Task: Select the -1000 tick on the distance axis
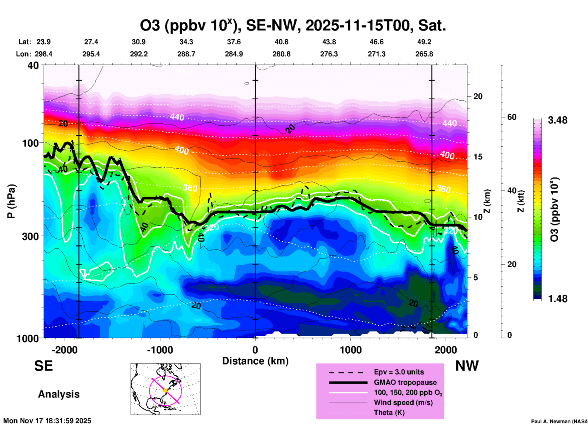(x=160, y=350)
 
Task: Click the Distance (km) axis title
(x=255, y=361)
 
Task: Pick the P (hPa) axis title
(x=11, y=201)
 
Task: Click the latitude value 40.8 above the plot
(x=281, y=42)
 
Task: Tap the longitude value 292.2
(x=139, y=54)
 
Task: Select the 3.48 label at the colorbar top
(x=557, y=120)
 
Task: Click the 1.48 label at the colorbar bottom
(x=557, y=299)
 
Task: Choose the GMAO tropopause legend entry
(x=405, y=382)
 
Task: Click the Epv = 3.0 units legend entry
(x=399, y=372)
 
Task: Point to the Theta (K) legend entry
(x=389, y=412)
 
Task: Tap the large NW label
(x=467, y=366)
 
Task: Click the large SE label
(x=44, y=366)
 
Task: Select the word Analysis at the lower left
(x=59, y=394)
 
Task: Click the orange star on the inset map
(x=165, y=391)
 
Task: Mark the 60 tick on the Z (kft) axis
(x=512, y=117)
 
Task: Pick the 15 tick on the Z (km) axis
(x=478, y=157)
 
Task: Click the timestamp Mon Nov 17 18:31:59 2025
(x=47, y=421)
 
